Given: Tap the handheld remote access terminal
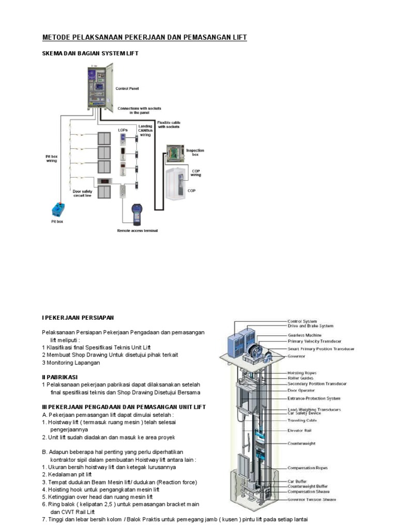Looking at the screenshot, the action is tap(137, 214).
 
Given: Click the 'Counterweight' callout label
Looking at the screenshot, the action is tap(301, 443).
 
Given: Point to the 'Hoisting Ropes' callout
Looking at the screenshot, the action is tap(302, 372).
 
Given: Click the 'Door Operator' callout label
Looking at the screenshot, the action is tap(301, 391).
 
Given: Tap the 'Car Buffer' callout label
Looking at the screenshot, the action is tap(298, 481).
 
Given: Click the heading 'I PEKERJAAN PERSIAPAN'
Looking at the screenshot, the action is tap(78, 317).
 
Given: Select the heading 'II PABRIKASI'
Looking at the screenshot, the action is tap(59, 377).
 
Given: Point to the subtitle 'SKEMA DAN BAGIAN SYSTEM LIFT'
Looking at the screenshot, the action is tap(90, 53).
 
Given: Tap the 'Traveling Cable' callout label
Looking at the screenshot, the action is tap(302, 421).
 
